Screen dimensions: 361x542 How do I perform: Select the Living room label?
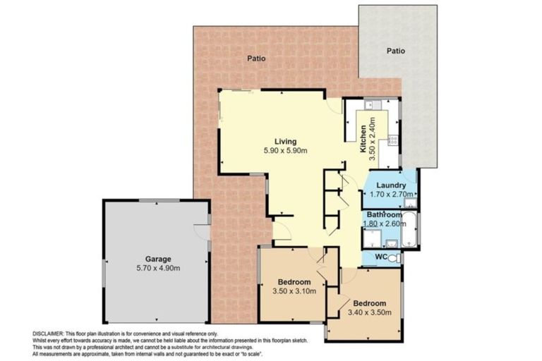point(285,140)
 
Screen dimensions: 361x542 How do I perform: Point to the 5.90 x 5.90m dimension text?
point(285,150)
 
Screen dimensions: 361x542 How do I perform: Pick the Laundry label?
point(390,186)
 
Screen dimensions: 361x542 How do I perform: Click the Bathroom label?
point(384,214)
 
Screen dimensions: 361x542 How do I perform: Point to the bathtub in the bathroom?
point(410,229)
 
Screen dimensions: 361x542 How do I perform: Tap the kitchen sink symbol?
point(373,106)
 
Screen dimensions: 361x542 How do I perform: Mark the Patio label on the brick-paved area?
point(255,59)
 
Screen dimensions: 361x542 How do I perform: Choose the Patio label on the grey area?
point(396,51)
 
